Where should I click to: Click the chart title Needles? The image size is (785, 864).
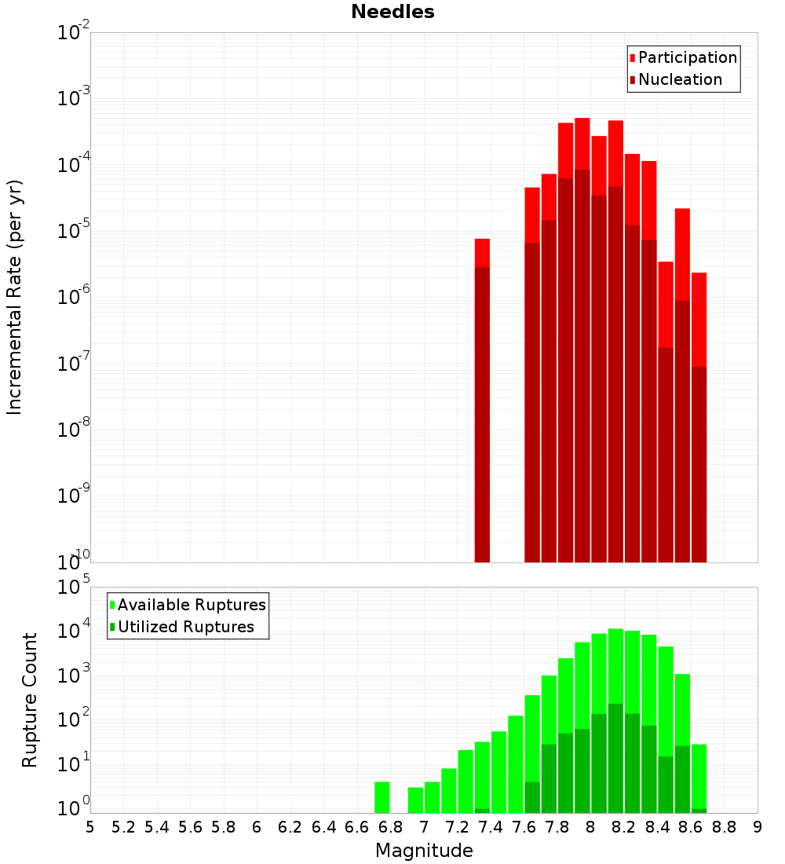click(392, 12)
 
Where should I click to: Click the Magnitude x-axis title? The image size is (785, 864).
click(424, 851)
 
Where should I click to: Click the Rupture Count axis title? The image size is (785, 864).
click(30, 700)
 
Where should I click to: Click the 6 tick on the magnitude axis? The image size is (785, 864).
click(257, 827)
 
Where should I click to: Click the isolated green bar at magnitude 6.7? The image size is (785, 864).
click(382, 797)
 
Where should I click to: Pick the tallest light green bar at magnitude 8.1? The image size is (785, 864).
click(615, 668)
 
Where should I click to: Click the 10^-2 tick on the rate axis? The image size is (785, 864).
click(74, 34)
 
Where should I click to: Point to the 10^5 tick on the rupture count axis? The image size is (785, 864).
click(75, 588)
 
